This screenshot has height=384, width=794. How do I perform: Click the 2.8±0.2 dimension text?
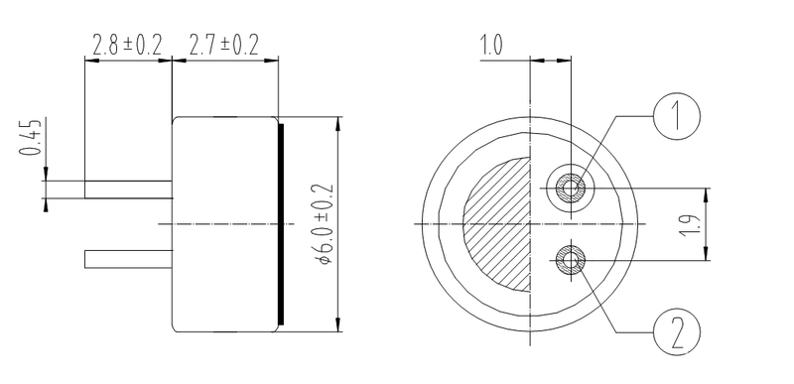pyautogui.click(x=128, y=46)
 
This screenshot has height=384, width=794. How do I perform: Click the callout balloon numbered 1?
pyautogui.click(x=677, y=117)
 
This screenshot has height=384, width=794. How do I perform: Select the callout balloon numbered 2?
pyautogui.click(x=677, y=331)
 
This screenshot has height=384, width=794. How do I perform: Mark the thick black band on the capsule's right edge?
pyautogui.click(x=283, y=225)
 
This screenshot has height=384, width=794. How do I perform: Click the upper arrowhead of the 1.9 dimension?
pyautogui.click(x=707, y=192)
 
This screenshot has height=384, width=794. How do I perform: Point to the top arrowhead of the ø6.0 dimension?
pyautogui.click(x=340, y=123)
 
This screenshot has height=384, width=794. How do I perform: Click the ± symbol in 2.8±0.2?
pyautogui.click(x=133, y=46)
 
